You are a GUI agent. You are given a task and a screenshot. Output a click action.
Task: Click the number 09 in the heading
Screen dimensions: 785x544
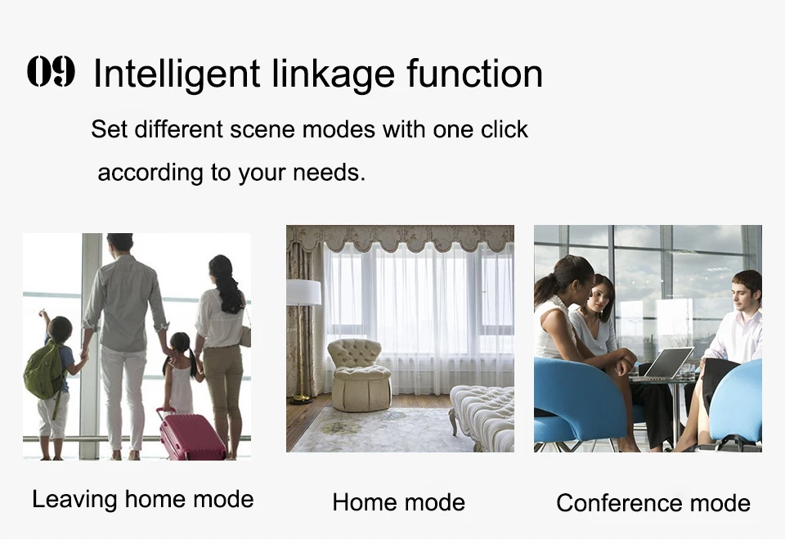point(51,72)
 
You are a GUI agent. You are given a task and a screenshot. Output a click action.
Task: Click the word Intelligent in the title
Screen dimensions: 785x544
point(177,75)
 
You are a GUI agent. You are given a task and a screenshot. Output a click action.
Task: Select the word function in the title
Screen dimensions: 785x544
point(474,74)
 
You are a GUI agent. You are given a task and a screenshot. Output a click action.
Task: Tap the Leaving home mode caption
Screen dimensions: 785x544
point(142,500)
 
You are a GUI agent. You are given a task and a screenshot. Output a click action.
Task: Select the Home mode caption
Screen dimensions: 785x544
point(398,502)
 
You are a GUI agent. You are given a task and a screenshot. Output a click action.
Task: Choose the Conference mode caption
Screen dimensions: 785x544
point(653,503)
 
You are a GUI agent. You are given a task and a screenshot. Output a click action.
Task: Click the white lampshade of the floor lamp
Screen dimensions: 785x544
point(303,293)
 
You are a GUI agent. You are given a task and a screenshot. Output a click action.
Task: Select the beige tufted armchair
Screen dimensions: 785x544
point(360,374)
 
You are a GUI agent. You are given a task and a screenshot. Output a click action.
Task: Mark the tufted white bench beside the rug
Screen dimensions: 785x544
point(482,416)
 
